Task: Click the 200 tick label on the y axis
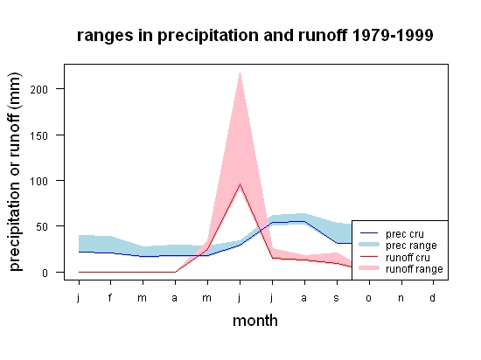(39, 89)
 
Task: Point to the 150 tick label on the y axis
(39, 135)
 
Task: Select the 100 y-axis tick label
(39, 182)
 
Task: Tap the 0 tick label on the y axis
(45, 273)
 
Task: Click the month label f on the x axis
(110, 297)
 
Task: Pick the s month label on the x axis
(337, 298)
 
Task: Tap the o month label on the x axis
(369, 298)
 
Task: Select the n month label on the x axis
(401, 298)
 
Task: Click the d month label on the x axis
(433, 297)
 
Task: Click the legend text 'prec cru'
(405, 234)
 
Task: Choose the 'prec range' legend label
(411, 246)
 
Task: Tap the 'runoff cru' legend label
(408, 258)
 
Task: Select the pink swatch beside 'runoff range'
(369, 268)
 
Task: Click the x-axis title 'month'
(255, 321)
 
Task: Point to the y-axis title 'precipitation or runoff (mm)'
(15, 172)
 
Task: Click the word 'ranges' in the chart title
(105, 36)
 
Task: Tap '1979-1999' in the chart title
(393, 35)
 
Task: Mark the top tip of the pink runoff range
(240, 72)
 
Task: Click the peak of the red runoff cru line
(240, 183)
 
